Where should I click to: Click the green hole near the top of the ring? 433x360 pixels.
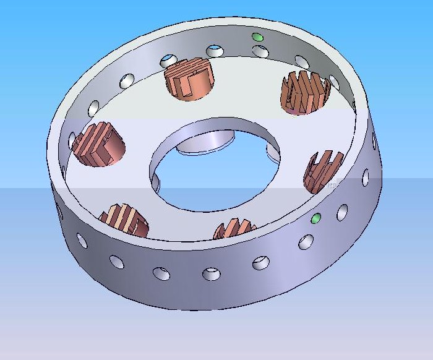[258, 38]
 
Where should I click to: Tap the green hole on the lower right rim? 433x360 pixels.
[316, 218]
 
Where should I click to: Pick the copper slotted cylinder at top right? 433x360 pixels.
[305, 93]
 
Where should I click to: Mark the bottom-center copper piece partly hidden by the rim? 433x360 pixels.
[235, 229]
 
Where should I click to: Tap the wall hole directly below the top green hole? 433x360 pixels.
[262, 51]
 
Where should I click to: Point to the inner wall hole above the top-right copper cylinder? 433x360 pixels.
[302, 61]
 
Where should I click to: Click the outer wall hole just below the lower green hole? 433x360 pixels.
[306, 242]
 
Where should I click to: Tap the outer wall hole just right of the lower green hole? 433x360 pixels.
[341, 213]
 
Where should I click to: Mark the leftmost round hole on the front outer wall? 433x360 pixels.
[81, 241]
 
